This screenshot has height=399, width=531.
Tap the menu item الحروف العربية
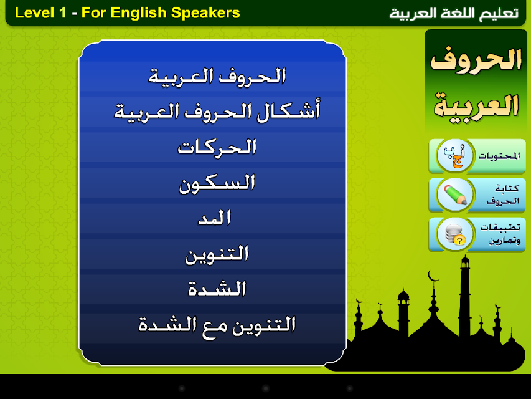[x=217, y=77]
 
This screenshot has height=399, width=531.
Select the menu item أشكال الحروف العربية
[x=217, y=112]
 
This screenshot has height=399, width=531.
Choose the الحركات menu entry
[x=217, y=148]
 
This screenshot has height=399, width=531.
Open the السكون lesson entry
[x=217, y=183]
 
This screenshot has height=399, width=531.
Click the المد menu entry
[x=215, y=218]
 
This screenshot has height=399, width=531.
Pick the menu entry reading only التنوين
[x=217, y=254]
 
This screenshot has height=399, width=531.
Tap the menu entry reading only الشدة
[x=217, y=289]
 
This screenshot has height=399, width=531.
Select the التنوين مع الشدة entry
[x=217, y=326]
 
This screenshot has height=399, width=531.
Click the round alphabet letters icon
[x=455, y=156]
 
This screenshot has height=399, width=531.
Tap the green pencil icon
[x=455, y=195]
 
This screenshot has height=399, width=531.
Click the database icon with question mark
[x=455, y=234]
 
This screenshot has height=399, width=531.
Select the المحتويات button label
[x=499, y=156]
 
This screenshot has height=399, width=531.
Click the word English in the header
[x=139, y=13]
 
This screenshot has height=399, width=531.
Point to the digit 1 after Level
[x=62, y=13]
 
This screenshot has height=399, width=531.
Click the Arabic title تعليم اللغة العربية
[x=454, y=14]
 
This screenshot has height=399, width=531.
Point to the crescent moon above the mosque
[x=433, y=276]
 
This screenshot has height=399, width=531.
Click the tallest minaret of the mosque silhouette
[x=465, y=299]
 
